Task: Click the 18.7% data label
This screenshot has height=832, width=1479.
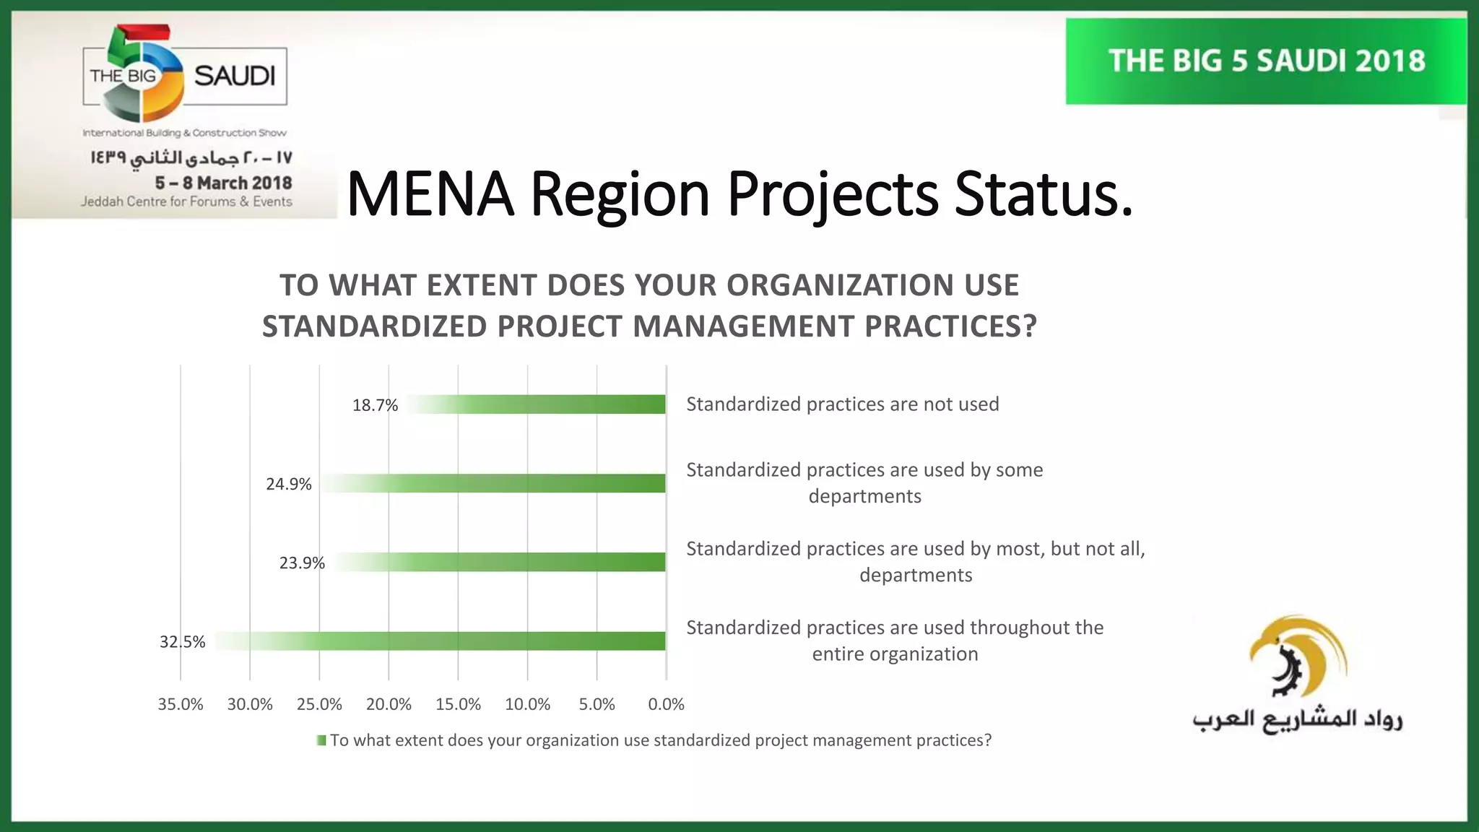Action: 375,405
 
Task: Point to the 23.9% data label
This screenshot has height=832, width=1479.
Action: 302,563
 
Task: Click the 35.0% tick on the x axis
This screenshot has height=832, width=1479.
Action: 181,704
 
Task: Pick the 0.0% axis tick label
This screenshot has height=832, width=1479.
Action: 666,704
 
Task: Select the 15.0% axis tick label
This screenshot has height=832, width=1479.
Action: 458,704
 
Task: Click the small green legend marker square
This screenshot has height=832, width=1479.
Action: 321,740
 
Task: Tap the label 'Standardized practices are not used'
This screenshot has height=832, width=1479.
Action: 842,404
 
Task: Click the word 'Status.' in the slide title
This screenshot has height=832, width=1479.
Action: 1044,194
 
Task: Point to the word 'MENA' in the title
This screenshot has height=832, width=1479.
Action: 430,194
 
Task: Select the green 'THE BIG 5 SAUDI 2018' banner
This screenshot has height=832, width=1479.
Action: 1266,61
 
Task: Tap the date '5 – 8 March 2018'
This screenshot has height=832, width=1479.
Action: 223,183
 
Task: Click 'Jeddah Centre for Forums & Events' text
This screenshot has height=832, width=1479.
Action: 186,201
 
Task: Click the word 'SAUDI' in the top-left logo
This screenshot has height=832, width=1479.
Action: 235,76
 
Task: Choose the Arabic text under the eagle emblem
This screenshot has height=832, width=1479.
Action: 1297,720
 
